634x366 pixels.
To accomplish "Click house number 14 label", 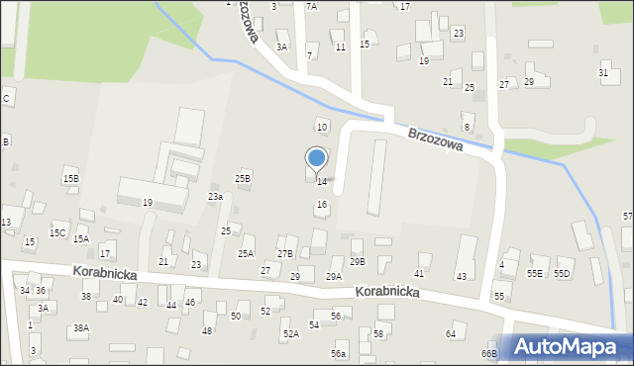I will pyautogui.click(x=322, y=181).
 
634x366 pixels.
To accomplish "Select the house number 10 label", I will pyautogui.click(x=321, y=127).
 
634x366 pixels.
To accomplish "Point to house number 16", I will pyautogui.click(x=321, y=204).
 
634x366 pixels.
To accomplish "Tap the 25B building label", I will pyautogui.click(x=243, y=178).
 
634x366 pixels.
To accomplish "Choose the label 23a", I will pyautogui.click(x=215, y=197).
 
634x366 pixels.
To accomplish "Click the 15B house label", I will pyautogui.click(x=70, y=178).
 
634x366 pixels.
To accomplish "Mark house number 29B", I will pyautogui.click(x=358, y=261).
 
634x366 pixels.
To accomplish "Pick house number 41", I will pyautogui.click(x=419, y=273).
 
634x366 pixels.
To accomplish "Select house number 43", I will pyautogui.click(x=461, y=276).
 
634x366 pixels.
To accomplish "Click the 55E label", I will pyautogui.click(x=535, y=273).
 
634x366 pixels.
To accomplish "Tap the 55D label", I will pyautogui.click(x=563, y=273).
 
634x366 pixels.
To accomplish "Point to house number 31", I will pyautogui.click(x=603, y=73).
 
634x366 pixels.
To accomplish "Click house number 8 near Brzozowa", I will pyautogui.click(x=466, y=127).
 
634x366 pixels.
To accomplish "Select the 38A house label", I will pyautogui.click(x=81, y=327).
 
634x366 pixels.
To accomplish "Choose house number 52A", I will pyautogui.click(x=290, y=334).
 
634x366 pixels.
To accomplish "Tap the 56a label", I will pyautogui.click(x=339, y=354).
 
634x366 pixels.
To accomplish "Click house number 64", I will pyautogui.click(x=451, y=334).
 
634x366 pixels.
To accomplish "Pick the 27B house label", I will pyautogui.click(x=285, y=254).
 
